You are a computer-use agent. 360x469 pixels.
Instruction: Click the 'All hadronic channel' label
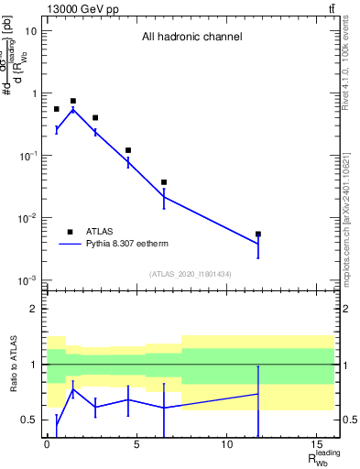coord(191,38)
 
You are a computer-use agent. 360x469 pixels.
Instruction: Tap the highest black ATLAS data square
coord(73,101)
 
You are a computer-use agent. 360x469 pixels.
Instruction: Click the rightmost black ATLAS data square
coord(258,234)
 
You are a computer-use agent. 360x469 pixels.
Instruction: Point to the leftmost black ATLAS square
coord(56,109)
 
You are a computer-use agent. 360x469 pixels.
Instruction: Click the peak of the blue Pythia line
coord(73,110)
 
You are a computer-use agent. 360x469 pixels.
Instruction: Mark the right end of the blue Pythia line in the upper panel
coord(258,244)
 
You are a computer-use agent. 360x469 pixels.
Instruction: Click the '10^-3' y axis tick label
coord(27,280)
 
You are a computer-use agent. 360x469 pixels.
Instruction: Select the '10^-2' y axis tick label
coord(27,218)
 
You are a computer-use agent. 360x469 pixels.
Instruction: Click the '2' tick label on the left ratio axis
coord(33,309)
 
